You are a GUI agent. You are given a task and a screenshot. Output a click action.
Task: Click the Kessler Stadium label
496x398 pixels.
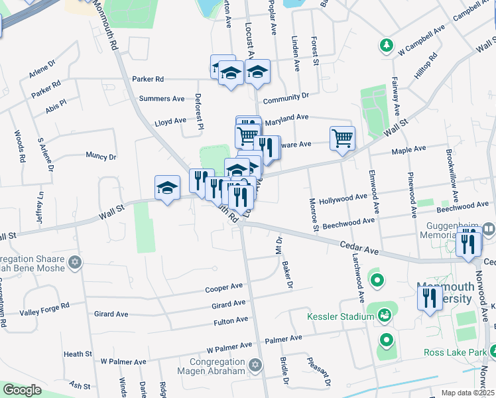coord(340,316)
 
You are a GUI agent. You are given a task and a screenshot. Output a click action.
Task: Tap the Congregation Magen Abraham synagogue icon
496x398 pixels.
coord(255,364)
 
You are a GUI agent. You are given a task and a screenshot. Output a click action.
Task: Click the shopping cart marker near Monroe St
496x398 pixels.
coord(342,139)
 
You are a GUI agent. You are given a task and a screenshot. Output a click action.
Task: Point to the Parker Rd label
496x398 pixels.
coord(148,78)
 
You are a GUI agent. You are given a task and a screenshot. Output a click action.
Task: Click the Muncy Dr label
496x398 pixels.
coord(101,157)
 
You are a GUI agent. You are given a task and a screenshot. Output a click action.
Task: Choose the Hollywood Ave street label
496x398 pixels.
coord(343,198)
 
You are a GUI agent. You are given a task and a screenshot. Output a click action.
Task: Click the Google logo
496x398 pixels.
coord(22,390)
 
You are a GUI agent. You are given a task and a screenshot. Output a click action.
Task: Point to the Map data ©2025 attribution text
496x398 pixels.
coord(467,393)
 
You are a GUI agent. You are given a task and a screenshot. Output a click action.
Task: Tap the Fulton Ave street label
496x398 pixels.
coord(230,321)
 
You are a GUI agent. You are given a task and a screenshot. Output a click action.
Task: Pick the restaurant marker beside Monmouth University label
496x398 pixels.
coord(430,299)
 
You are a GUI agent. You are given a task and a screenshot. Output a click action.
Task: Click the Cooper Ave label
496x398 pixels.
coord(224,288)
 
